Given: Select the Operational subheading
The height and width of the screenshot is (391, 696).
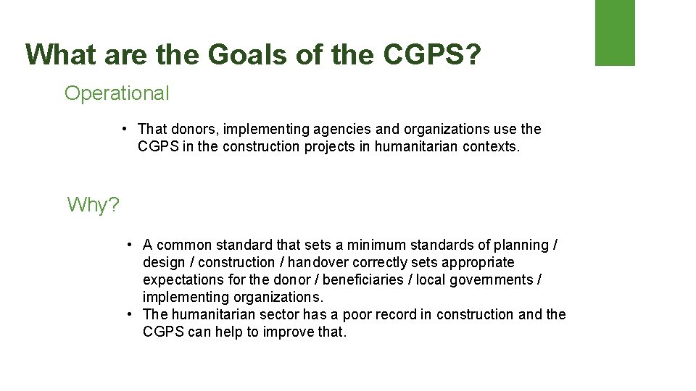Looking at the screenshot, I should [117, 93].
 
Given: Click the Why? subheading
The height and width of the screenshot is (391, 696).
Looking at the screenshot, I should [94, 205].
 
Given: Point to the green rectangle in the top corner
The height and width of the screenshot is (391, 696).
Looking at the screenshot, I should [615, 33].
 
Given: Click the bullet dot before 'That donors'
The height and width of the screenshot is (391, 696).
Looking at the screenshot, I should [125, 129].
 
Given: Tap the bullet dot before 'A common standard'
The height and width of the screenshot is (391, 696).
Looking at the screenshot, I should [128, 245].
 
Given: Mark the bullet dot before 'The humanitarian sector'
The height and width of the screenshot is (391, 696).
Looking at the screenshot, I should [128, 314].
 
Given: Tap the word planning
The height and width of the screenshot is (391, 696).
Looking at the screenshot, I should [521, 245].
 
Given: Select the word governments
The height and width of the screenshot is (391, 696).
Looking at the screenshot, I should [496, 279].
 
